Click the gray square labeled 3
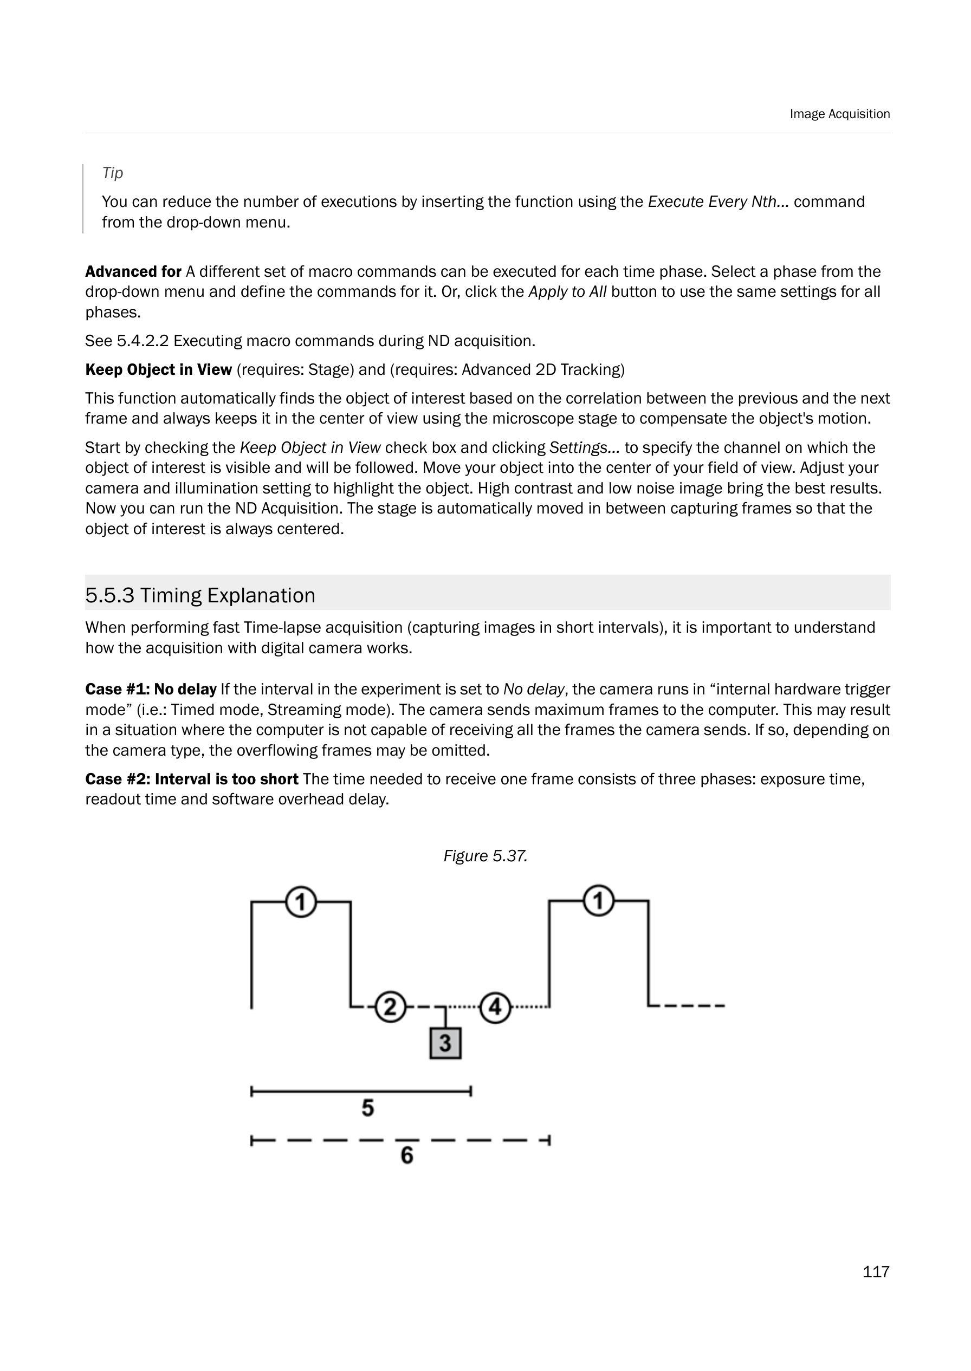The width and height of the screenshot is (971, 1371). pyautogui.click(x=445, y=1043)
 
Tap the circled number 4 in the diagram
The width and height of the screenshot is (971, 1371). pyautogui.click(x=495, y=1007)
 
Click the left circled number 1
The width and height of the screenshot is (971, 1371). pyautogui.click(x=301, y=902)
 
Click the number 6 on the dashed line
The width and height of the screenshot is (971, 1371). pyautogui.click(x=406, y=1155)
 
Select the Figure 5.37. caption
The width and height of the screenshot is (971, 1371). pyautogui.click(x=485, y=856)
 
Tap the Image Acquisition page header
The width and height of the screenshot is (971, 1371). pyautogui.click(x=839, y=114)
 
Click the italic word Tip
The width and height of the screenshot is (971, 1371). pyautogui.click(x=112, y=173)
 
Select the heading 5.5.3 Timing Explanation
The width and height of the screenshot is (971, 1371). pyautogui.click(x=200, y=595)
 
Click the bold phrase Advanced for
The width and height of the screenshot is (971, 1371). pyautogui.click(x=133, y=271)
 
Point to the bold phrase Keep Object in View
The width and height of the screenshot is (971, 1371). pyautogui.click(x=158, y=369)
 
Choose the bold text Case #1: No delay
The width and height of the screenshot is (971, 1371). pyautogui.click(x=151, y=689)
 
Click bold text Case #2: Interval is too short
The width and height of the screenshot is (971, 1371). pyautogui.click(x=191, y=779)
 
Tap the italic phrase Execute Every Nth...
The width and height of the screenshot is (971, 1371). pyautogui.click(x=715, y=202)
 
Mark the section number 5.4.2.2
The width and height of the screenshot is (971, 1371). pyautogui.click(x=143, y=341)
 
